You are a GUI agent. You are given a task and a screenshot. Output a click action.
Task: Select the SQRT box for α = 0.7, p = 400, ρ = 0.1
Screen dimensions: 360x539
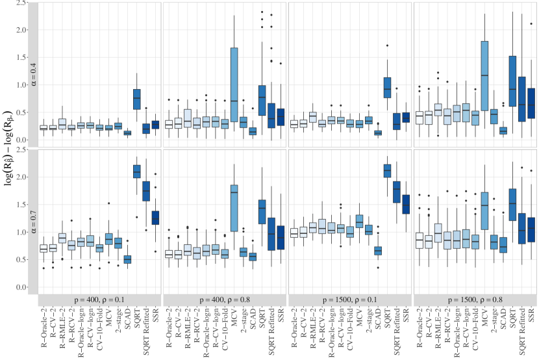coord(137,171)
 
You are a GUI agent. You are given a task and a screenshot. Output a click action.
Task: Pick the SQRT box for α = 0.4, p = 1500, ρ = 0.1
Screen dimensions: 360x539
coord(387,83)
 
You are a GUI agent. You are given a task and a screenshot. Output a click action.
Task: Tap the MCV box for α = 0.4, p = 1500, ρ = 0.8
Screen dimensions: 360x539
coord(484,75)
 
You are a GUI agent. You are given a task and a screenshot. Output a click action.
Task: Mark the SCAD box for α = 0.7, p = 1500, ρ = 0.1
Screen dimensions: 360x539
coord(378,250)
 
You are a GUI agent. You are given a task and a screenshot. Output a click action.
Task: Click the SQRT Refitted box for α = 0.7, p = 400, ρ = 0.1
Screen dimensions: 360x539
coord(146,190)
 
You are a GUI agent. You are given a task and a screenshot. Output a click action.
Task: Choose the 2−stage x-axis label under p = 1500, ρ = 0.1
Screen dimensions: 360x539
coord(369,321)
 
